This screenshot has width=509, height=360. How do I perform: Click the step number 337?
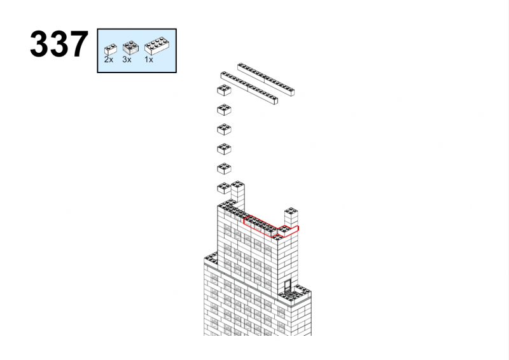tap(59, 44)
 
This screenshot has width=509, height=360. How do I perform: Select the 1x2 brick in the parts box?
tap(110, 50)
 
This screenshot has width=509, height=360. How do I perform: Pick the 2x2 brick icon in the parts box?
tap(130, 48)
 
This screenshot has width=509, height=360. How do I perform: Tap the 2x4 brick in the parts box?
tap(157, 45)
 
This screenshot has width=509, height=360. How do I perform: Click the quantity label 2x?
tap(108, 59)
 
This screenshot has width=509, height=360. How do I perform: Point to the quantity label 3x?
tap(127, 59)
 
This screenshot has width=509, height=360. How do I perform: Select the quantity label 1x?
tap(149, 59)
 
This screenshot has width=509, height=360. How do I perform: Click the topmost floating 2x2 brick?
tap(224, 90)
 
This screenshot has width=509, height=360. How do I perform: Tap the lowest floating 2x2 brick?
tap(224, 188)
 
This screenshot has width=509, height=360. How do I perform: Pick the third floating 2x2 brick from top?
tap(224, 129)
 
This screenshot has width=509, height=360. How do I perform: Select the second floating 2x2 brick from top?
tap(224, 110)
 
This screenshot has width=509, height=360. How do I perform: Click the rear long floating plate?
tap(266, 80)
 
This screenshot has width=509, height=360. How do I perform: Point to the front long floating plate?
tap(249, 88)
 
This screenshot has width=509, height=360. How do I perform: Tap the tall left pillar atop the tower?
tap(237, 195)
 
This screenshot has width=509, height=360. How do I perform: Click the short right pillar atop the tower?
tap(291, 217)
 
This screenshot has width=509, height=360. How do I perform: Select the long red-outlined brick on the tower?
tap(261, 226)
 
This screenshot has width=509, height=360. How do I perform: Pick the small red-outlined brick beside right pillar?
tap(288, 230)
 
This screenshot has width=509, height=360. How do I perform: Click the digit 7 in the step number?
tap(78, 44)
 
